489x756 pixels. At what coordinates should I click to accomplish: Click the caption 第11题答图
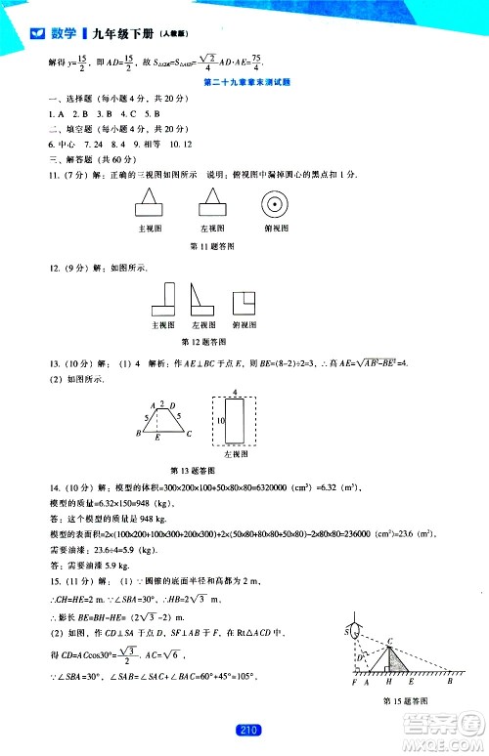[x=207, y=244]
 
